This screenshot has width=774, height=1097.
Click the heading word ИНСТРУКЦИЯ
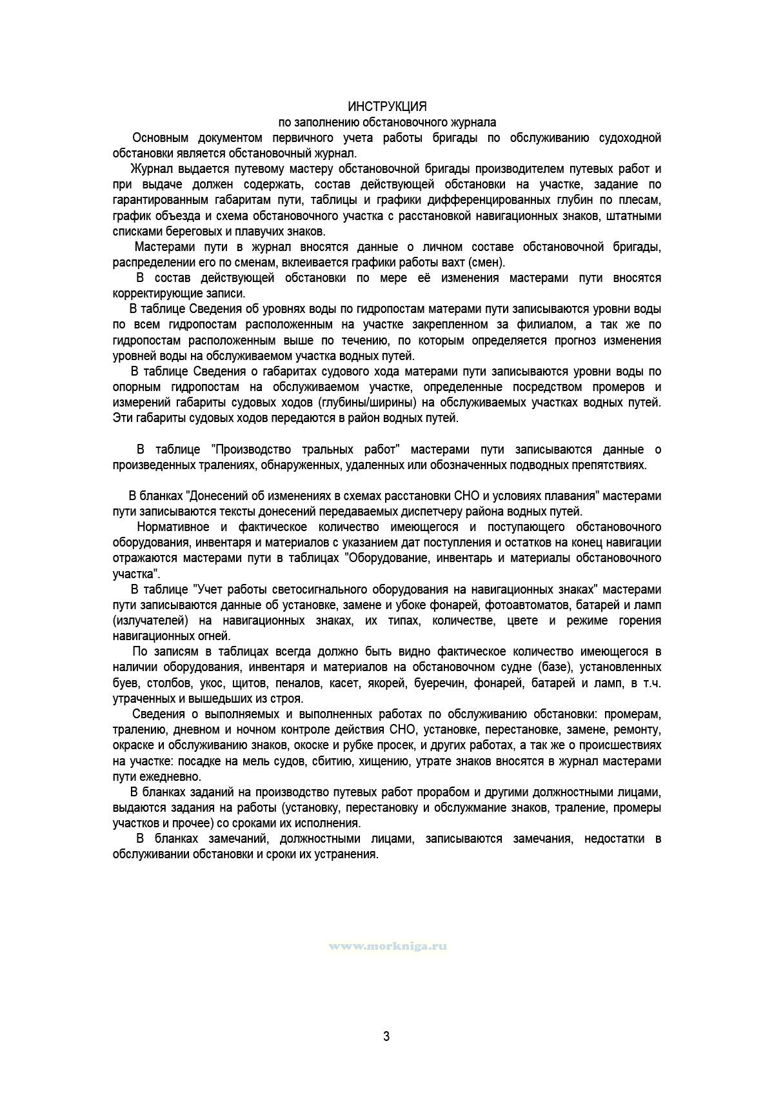(387, 106)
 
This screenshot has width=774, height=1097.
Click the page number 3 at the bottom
(386, 1036)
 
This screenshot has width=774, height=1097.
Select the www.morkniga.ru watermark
(388, 946)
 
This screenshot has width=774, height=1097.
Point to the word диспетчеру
(424, 512)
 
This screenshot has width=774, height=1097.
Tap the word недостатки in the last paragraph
(615, 839)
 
